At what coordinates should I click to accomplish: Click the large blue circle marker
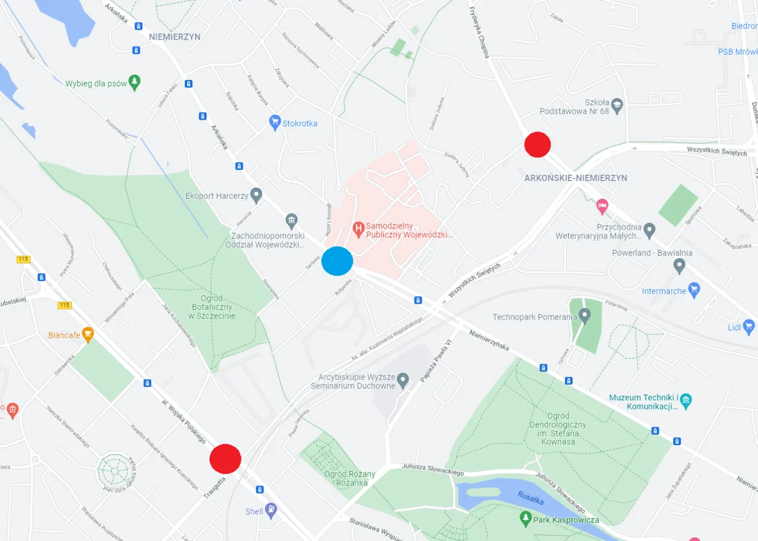click(x=337, y=261)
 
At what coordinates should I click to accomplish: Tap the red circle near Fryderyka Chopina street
click(x=538, y=144)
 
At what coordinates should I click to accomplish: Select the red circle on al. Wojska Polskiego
click(x=226, y=459)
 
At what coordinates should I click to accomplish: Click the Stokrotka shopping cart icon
click(x=274, y=123)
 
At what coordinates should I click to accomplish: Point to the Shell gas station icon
click(x=271, y=511)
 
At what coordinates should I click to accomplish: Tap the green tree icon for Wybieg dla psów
click(x=135, y=83)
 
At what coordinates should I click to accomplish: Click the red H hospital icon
click(x=358, y=227)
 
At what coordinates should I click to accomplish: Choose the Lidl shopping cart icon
click(x=749, y=326)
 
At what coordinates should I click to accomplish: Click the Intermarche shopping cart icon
click(x=695, y=290)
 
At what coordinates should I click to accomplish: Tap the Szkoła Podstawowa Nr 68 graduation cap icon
click(x=618, y=105)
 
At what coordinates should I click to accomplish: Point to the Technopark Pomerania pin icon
click(x=585, y=315)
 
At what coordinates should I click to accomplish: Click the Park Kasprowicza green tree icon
click(x=525, y=519)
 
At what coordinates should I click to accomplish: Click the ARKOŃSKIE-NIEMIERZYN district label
click(x=576, y=178)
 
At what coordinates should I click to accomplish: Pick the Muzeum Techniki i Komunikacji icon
click(x=686, y=401)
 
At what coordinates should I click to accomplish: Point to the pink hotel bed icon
click(x=602, y=207)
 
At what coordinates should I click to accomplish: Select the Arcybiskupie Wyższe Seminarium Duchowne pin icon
click(x=403, y=379)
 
